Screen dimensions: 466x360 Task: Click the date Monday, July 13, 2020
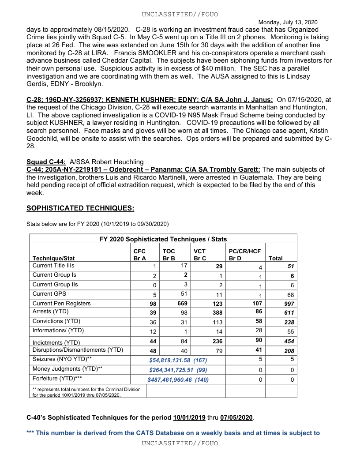pos(288,22)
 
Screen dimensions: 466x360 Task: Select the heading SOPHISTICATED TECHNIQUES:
pos(80,208)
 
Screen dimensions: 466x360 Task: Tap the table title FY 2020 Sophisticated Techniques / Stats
pos(163,239)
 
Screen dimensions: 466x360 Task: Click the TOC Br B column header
pos(169,255)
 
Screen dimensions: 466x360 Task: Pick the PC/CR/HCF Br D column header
pos(245,255)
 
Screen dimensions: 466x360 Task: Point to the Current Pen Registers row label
pos(61,303)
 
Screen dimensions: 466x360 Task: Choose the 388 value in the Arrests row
pos(217,312)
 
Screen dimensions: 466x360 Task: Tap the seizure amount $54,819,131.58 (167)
pos(178,360)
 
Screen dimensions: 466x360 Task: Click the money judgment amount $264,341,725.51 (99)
pos(178,370)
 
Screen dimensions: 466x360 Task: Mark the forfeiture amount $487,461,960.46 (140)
pos(178,380)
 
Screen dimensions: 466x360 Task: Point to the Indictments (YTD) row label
pos(56,342)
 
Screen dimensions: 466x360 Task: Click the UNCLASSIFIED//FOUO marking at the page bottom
pos(180,443)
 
